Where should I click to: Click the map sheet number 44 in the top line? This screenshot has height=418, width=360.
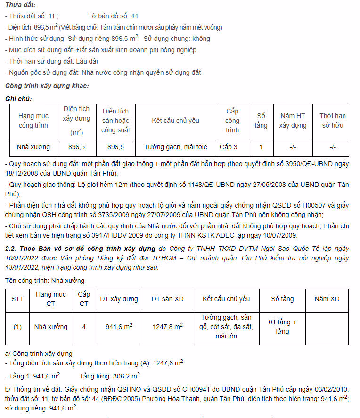tap(134, 16)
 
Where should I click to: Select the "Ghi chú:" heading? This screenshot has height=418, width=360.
tap(18, 99)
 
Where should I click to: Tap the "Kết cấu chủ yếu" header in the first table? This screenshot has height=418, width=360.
tap(175, 121)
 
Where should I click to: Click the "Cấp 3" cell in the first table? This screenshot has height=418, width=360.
tap(229, 147)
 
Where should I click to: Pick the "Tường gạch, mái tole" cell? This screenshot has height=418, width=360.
tap(175, 147)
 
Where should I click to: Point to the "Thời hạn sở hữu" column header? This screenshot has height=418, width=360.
tap(333, 121)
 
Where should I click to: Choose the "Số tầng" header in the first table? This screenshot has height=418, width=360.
tap(261, 121)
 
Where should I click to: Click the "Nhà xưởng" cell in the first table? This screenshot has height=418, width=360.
tap(33, 147)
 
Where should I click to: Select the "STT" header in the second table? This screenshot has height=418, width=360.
tap(17, 299)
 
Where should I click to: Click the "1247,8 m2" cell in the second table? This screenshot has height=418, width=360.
tap(168, 326)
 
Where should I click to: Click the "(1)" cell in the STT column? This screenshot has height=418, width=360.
tap(17, 327)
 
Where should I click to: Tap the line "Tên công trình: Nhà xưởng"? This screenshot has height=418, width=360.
tap(45, 281)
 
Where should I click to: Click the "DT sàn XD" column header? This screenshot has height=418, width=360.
tap(168, 299)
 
